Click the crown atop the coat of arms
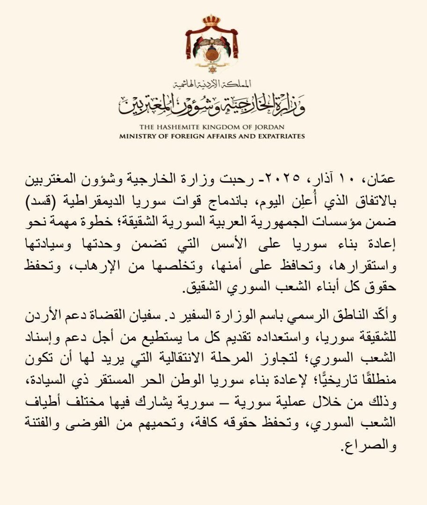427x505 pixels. pyautogui.click(x=211, y=21)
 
